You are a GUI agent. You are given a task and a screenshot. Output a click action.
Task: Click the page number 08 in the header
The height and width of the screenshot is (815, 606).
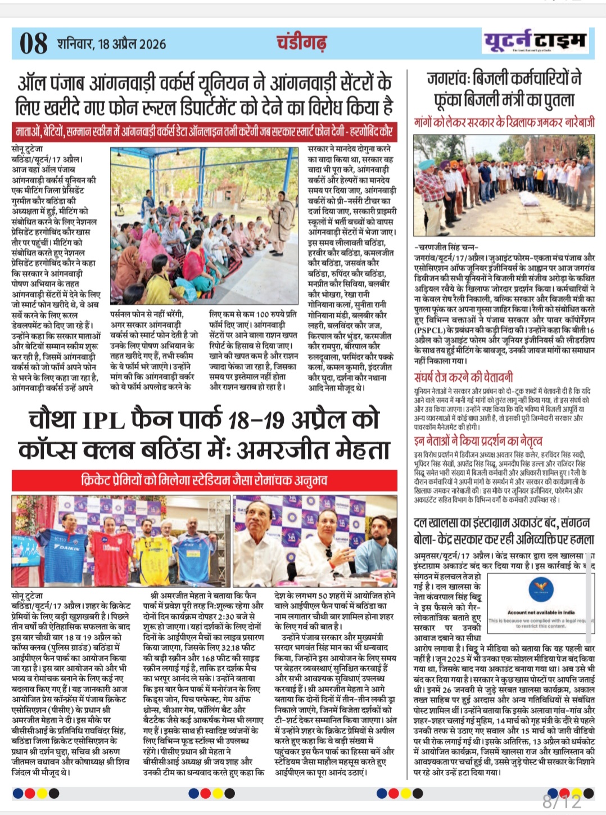(x=33, y=43)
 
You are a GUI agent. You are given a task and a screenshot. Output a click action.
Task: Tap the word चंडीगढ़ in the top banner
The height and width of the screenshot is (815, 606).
(x=301, y=42)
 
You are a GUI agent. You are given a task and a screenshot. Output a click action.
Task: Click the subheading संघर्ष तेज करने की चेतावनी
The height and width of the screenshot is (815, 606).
(x=463, y=377)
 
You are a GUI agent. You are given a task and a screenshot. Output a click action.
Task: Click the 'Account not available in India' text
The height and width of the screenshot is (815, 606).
(x=541, y=613)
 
